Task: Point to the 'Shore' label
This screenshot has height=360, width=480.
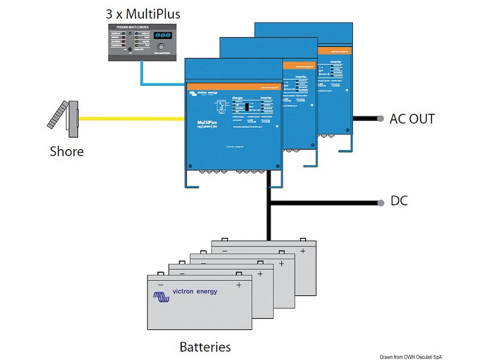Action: (67, 151)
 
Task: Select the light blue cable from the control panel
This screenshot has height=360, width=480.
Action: (141, 75)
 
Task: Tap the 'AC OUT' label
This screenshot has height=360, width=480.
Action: (412, 119)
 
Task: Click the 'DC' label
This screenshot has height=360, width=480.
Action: (399, 201)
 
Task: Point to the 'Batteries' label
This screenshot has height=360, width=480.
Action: (205, 347)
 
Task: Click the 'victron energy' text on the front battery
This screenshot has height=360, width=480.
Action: (195, 292)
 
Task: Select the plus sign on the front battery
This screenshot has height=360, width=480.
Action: (238, 284)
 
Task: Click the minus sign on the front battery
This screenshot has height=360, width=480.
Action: (161, 284)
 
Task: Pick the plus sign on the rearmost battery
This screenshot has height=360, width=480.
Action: (303, 250)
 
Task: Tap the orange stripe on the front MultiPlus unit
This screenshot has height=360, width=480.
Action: (234, 87)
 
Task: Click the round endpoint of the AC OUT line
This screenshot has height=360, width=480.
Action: (381, 119)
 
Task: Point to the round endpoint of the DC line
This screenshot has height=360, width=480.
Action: (381, 202)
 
